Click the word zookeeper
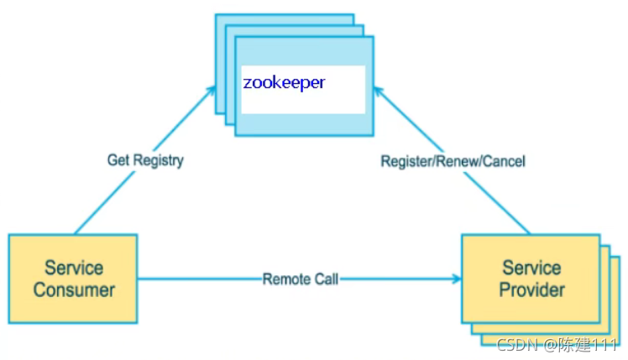284,83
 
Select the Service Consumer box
73,279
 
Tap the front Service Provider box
531,279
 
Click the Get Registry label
144,159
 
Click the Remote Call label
301,279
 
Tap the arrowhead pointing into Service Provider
455,279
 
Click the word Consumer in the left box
74,290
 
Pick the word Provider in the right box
531,290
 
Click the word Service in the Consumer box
74,269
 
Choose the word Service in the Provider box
531,269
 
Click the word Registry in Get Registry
157,159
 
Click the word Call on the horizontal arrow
326,279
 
